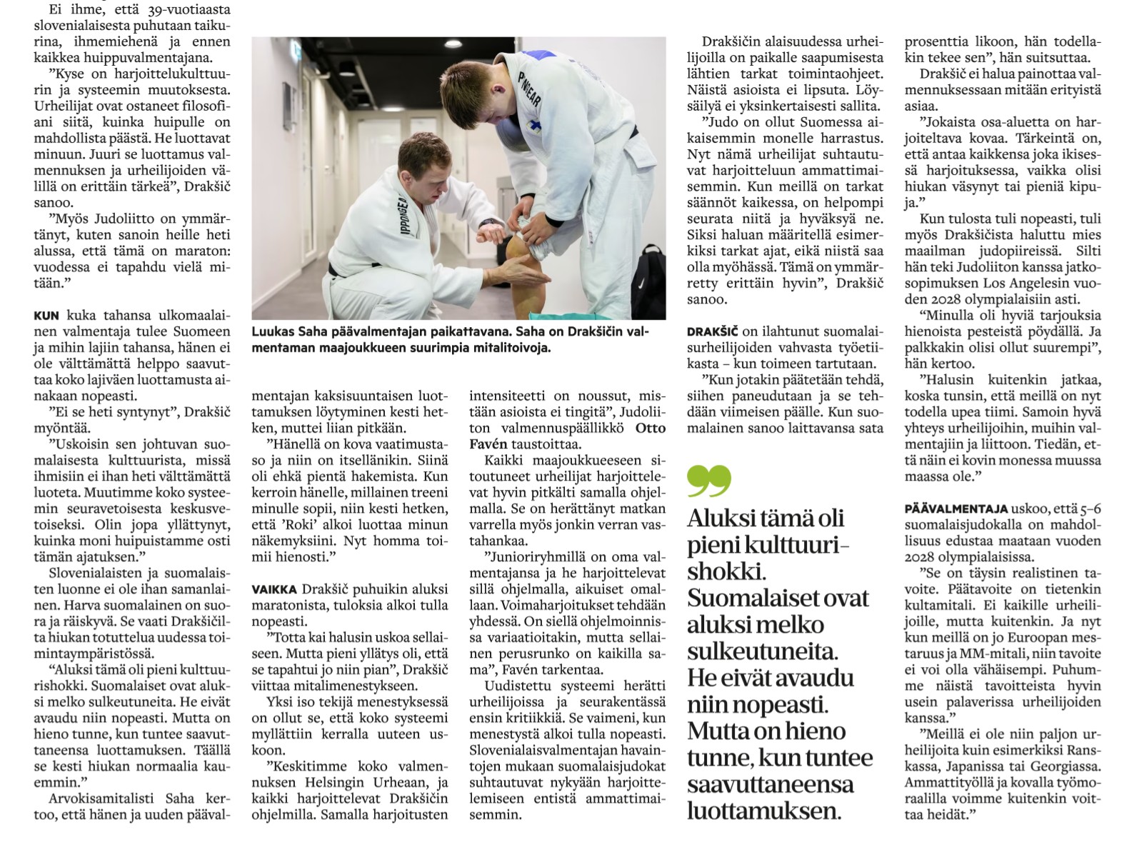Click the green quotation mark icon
[708, 481]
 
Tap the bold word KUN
[46, 315]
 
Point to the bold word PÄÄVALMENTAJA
[955, 509]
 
